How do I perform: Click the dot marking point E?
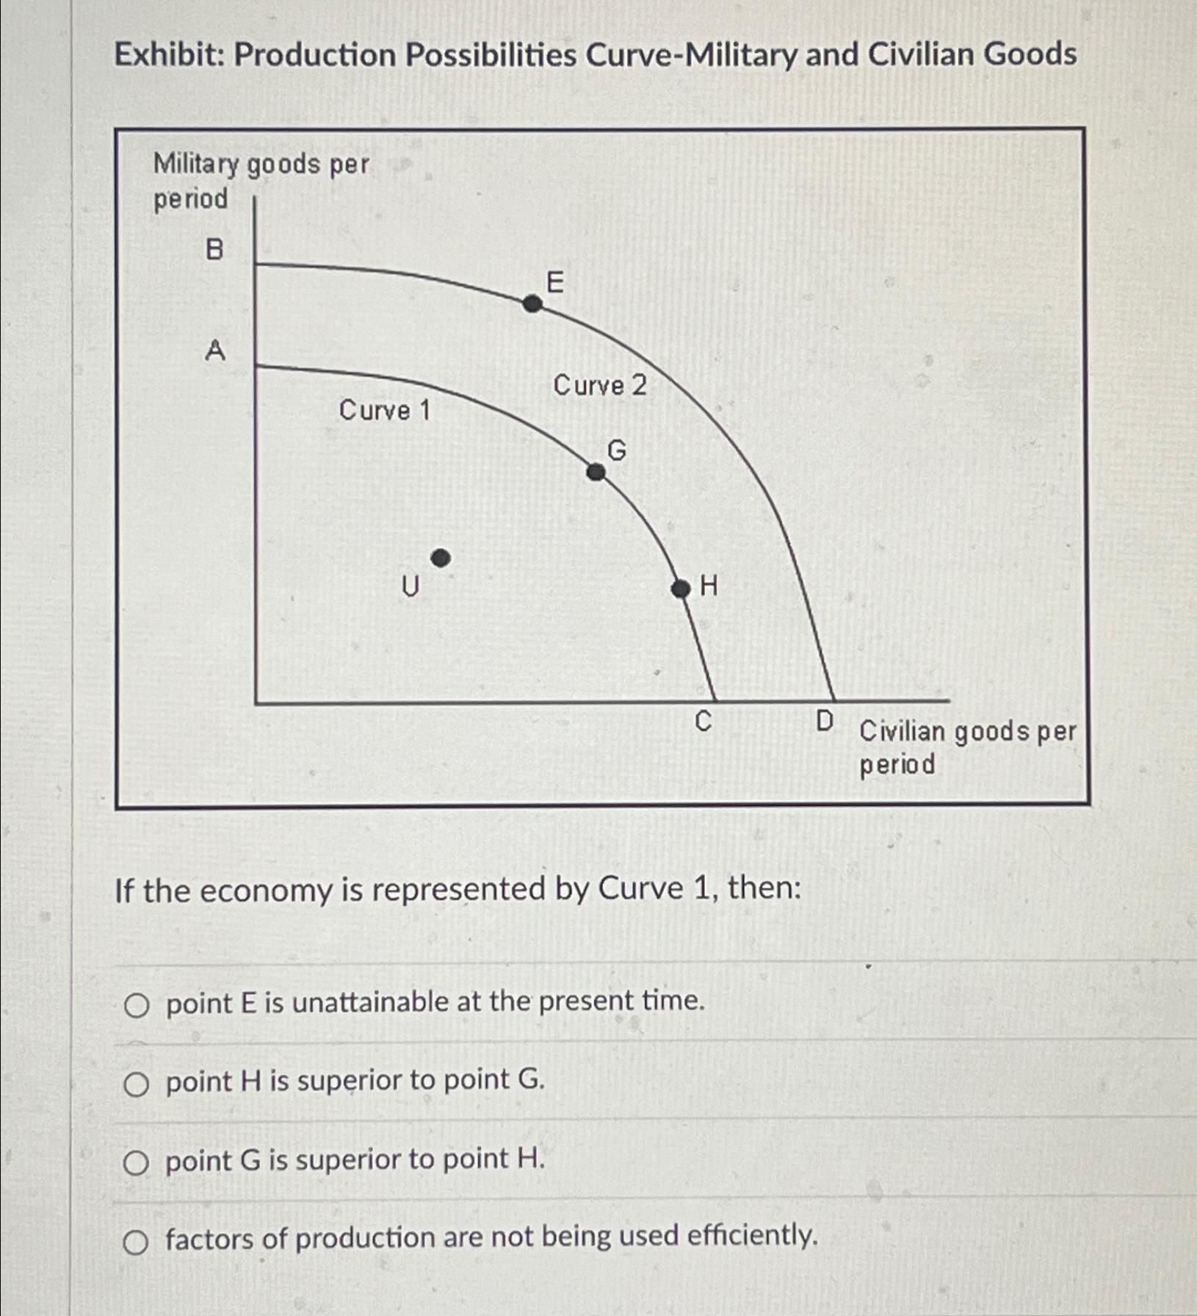coord(532,303)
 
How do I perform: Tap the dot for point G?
coord(596,472)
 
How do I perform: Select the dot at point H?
coord(681,589)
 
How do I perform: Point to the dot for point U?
coord(440,558)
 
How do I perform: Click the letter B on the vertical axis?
coord(214,250)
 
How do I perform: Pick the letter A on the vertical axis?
coord(214,350)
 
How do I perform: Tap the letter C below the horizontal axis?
coord(703,722)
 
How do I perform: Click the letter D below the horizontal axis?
coord(825,721)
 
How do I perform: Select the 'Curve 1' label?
coord(384,410)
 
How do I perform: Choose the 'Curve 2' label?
coord(600,385)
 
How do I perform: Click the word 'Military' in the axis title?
coord(195,165)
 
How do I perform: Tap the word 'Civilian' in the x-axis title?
coord(903,731)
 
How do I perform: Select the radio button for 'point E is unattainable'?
coord(136,1005)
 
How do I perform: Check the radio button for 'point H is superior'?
coord(136,1084)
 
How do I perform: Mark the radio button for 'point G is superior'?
coord(136,1163)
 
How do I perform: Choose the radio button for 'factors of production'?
coord(136,1243)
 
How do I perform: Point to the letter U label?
coord(410,586)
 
